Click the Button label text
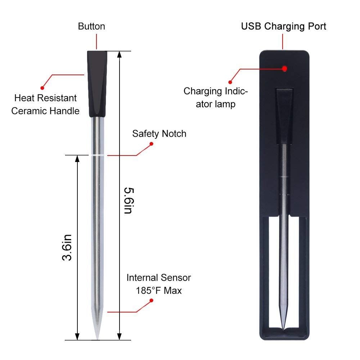(x=91, y=27)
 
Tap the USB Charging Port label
(x=284, y=26)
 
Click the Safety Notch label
(x=159, y=134)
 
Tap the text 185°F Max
(x=159, y=290)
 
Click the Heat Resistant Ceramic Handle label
(x=45, y=104)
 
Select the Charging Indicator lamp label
(x=215, y=98)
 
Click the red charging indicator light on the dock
(x=284, y=68)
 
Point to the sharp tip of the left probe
(x=97, y=337)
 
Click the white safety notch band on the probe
(x=97, y=155)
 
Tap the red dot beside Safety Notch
(x=152, y=144)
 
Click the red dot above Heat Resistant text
(x=42, y=87)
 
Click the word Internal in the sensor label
(x=141, y=278)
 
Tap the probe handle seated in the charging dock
(x=284, y=115)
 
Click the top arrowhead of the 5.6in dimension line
(x=120, y=54)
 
